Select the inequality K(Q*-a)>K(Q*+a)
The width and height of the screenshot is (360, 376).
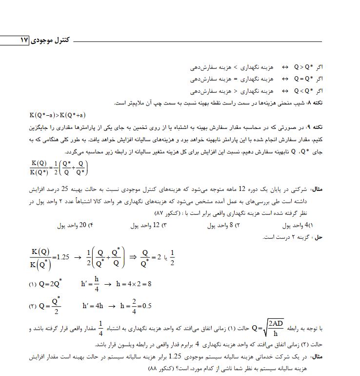57,115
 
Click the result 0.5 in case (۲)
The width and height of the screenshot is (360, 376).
145,306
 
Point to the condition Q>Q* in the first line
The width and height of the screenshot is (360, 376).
302,67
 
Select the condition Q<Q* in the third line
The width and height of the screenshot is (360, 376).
302,90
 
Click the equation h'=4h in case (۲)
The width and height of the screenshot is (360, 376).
93,306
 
